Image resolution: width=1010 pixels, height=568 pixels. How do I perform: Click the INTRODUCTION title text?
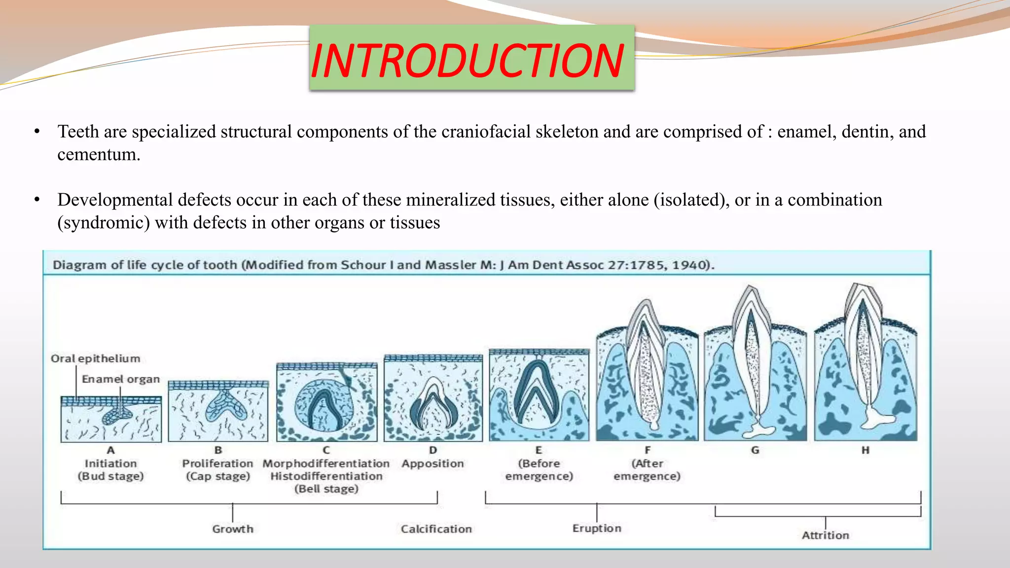click(x=468, y=61)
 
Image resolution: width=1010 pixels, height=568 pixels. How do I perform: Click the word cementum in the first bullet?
click(x=99, y=155)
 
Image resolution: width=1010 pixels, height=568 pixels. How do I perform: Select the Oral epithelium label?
click(x=95, y=358)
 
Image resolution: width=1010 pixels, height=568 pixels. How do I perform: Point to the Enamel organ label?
click(x=121, y=379)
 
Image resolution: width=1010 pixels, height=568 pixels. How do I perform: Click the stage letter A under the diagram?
click(x=110, y=450)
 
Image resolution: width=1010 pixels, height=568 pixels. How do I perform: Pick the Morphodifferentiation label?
click(x=326, y=463)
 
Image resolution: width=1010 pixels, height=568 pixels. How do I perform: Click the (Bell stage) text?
click(x=326, y=489)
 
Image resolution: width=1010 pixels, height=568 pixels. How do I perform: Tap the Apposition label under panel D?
click(x=433, y=463)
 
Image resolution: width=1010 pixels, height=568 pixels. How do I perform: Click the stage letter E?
click(x=539, y=450)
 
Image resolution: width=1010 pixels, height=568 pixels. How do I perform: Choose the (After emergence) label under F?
click(x=647, y=470)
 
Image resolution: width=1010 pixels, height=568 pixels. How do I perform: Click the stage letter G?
click(x=755, y=450)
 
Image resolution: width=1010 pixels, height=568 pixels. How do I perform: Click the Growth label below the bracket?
click(x=233, y=529)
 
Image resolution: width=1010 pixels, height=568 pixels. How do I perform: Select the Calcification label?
click(x=436, y=529)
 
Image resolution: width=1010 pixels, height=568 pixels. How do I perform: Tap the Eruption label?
click(x=597, y=529)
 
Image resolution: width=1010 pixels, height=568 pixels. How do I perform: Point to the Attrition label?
click(x=825, y=535)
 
